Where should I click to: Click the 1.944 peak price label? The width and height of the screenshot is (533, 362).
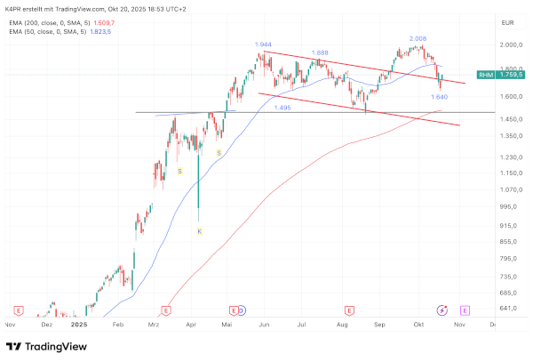tap(263, 44)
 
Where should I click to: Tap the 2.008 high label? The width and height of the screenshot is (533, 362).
tap(418, 39)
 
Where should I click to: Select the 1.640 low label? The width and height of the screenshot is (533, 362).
tap(439, 96)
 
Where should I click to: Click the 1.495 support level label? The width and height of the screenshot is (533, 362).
tap(282, 107)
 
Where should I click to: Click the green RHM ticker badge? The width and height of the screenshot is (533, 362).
tap(485, 76)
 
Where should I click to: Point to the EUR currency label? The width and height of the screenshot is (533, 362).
tap(508, 21)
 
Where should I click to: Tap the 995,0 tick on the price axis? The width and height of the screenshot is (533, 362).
tap(508, 206)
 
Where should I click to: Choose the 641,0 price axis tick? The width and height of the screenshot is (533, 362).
tap(508, 309)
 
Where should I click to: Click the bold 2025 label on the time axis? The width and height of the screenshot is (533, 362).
tap(80, 325)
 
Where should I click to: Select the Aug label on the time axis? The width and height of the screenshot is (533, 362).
tap(342, 325)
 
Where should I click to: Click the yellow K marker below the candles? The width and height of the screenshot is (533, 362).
tap(199, 230)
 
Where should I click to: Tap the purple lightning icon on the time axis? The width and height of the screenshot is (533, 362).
tap(442, 310)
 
